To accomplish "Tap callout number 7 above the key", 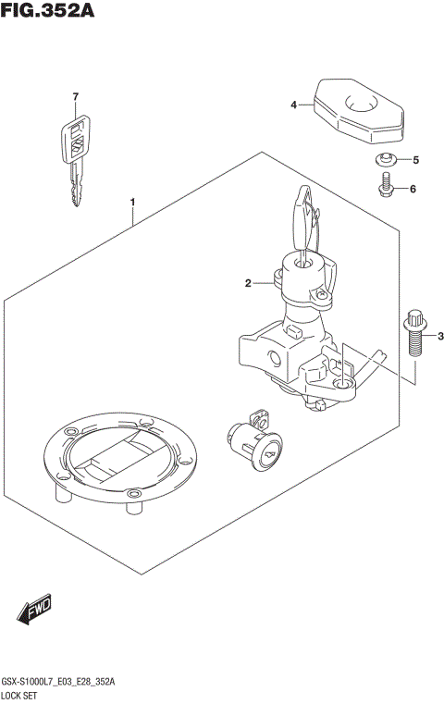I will [x=76, y=97].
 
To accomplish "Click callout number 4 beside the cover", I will [x=293, y=105].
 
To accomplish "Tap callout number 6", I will [x=413, y=189].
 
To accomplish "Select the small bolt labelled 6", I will [x=385, y=189].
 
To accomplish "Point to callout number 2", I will [x=248, y=283].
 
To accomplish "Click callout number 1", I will [x=133, y=202].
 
